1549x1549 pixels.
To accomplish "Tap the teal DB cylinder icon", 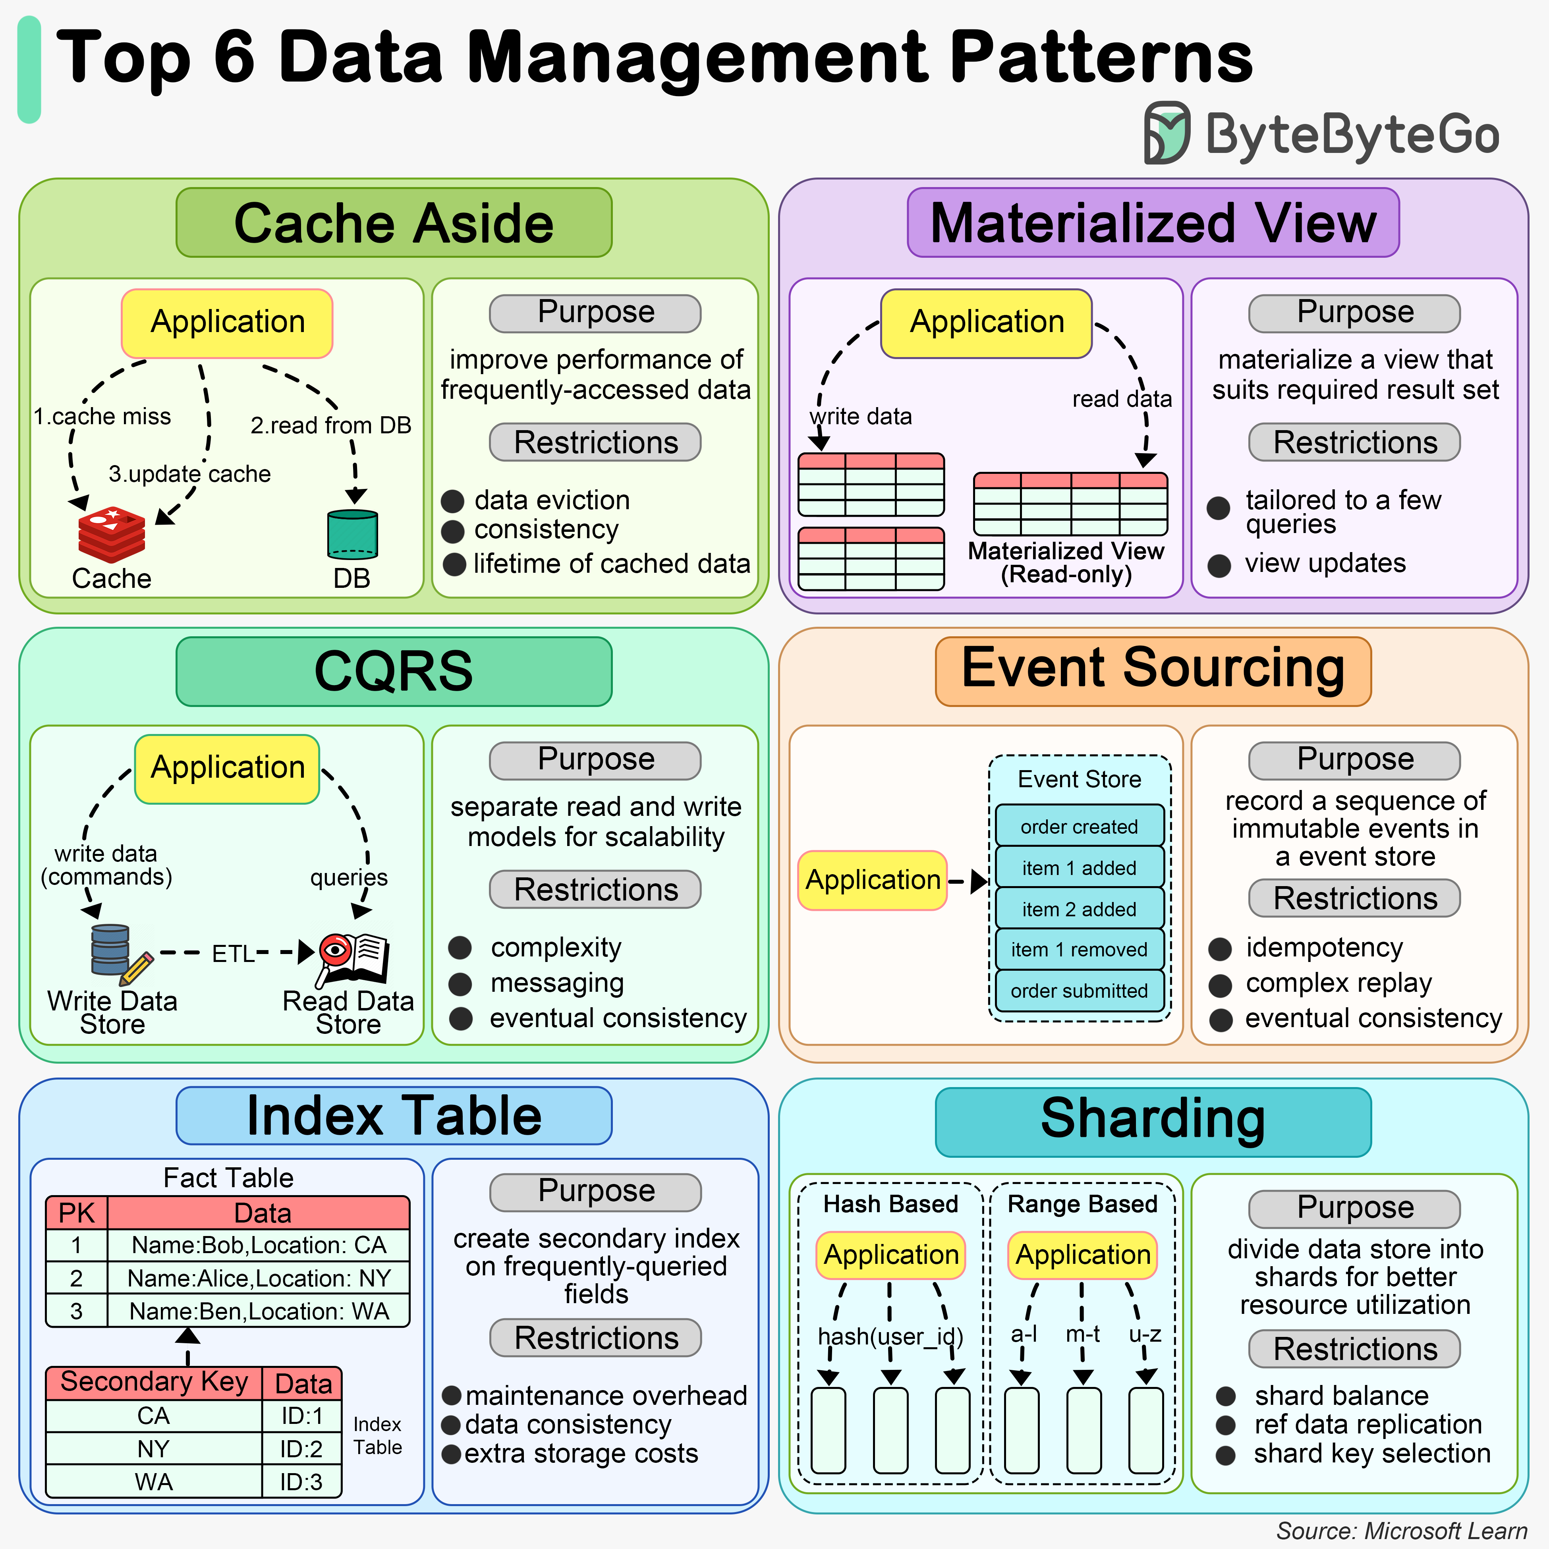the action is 352,534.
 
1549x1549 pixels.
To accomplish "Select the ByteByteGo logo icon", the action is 1167,132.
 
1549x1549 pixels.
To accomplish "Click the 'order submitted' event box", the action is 1079,991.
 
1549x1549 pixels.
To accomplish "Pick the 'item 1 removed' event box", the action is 1079,949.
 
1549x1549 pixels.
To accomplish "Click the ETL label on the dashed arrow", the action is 232,953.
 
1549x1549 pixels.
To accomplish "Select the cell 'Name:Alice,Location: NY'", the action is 259,1278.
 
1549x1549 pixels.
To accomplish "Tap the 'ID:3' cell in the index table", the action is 301,1481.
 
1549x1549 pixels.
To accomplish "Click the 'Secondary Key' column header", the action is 154,1382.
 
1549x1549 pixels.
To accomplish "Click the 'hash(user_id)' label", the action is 890,1337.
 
